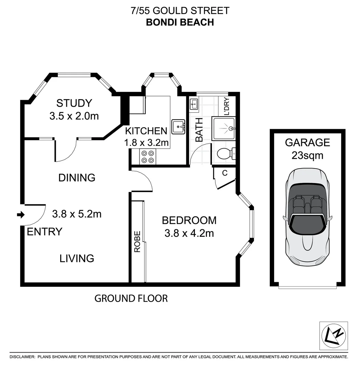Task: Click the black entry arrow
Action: pyautogui.click(x=21, y=215)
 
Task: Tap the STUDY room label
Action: pyautogui.click(x=74, y=103)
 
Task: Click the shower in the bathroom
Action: pyautogui.click(x=224, y=129)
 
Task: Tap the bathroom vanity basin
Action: pyautogui.click(x=194, y=104)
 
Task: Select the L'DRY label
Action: pyautogui.click(x=226, y=106)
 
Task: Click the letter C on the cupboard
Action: pyautogui.click(x=225, y=173)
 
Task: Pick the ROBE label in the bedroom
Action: pyautogui.click(x=137, y=242)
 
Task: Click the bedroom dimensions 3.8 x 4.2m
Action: pyautogui.click(x=189, y=234)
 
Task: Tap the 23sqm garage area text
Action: pyautogui.click(x=307, y=155)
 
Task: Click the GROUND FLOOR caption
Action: pyautogui.click(x=131, y=298)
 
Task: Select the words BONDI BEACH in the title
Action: pyautogui.click(x=180, y=22)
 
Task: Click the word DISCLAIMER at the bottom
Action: pyautogui.click(x=22, y=357)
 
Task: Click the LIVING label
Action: pyautogui.click(x=77, y=258)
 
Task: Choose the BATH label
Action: pyautogui.click(x=199, y=129)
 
